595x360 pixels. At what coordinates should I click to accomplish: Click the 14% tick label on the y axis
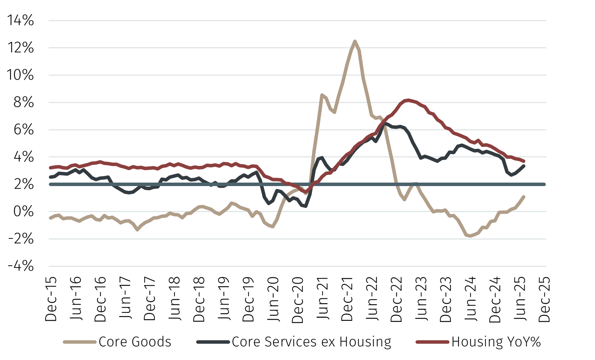pyautogui.click(x=20, y=20)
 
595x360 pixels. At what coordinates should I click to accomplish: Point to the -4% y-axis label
pyautogui.click(x=20, y=266)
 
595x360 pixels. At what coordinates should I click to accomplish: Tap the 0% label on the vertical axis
pyautogui.click(x=24, y=211)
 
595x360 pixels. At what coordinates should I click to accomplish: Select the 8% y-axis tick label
pyautogui.click(x=24, y=102)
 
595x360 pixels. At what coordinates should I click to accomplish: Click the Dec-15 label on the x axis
pyautogui.click(x=51, y=299)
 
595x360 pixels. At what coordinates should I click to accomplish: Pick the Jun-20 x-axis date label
pyautogui.click(x=273, y=299)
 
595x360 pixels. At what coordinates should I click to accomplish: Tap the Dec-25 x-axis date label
pyautogui.click(x=545, y=299)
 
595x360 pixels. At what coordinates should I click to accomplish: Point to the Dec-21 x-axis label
pyautogui.click(x=347, y=299)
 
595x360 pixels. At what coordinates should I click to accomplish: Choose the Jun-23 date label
pyautogui.click(x=421, y=299)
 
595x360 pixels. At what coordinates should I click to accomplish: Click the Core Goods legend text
pyautogui.click(x=135, y=342)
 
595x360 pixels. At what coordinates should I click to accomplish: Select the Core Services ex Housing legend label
pyautogui.click(x=312, y=342)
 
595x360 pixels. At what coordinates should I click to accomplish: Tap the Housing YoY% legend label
pyautogui.click(x=496, y=342)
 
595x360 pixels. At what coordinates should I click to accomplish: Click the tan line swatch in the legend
pyautogui.click(x=80, y=342)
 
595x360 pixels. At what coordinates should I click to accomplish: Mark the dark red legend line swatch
pyautogui.click(x=432, y=342)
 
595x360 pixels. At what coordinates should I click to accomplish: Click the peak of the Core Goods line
pyautogui.click(x=355, y=41)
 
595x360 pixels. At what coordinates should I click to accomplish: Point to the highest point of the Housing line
pyautogui.click(x=409, y=100)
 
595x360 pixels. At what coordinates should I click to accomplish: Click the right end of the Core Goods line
pyautogui.click(x=524, y=197)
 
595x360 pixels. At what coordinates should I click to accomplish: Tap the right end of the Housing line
pyautogui.click(x=524, y=161)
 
